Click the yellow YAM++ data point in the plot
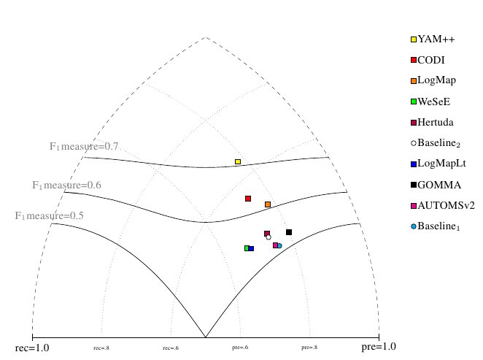point(238,161)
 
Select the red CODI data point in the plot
point(248,199)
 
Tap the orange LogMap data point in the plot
point(268,204)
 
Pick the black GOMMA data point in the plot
point(289,232)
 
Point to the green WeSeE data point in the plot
point(247,248)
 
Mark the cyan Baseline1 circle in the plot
point(279,246)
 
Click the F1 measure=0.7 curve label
point(84,147)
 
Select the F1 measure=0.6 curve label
point(66,185)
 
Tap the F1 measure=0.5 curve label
point(50,216)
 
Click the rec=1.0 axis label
point(32,348)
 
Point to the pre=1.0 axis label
point(379,347)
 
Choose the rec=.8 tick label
point(101,348)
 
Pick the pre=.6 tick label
point(241,348)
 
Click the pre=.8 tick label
point(309,348)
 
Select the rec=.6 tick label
point(171,348)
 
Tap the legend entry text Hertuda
point(436,122)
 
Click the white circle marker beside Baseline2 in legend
point(414,143)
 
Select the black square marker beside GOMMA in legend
point(414,185)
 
